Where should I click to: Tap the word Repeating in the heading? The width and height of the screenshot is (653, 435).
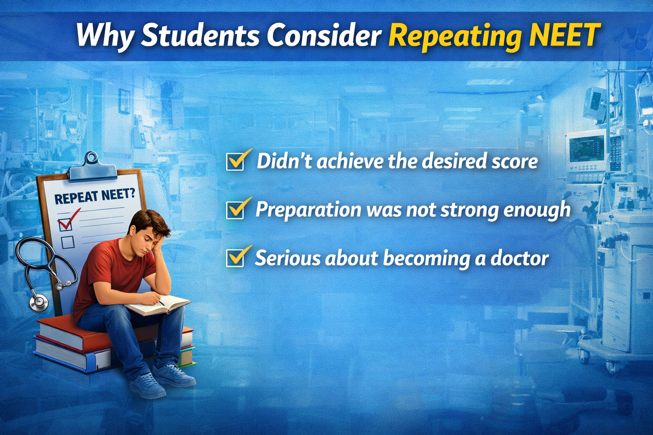(x=455, y=36)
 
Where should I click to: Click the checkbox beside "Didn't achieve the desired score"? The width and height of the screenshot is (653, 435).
(x=235, y=162)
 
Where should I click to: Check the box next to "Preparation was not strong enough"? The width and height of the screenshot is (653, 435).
(x=235, y=210)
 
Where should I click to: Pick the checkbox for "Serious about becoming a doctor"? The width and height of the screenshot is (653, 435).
(x=235, y=258)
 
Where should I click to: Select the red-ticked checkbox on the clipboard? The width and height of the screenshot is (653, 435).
(x=65, y=223)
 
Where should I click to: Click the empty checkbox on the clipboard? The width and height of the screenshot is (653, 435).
(x=68, y=242)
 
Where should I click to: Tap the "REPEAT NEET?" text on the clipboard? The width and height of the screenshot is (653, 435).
(x=94, y=196)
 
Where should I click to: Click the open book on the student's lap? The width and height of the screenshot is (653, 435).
(x=157, y=305)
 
